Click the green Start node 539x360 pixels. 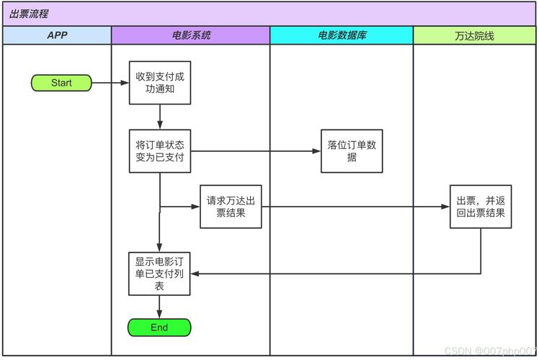pos(61,83)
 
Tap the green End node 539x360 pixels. pos(159,328)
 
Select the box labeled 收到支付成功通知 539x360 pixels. pos(160,83)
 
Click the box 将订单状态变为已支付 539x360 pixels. pos(160,151)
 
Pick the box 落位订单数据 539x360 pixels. pos(352,151)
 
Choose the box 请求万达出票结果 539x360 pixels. pos(231,207)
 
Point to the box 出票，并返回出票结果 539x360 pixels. pos(481,207)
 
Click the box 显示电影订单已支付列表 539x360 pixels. pos(160,274)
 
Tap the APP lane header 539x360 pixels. pos(57,35)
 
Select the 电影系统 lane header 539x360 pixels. pos(191,35)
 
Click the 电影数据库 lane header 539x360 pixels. pos(342,35)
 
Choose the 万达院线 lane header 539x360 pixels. pos(475,35)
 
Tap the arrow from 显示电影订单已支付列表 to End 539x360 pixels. pos(159,307)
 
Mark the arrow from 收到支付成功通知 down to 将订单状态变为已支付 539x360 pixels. pos(159,117)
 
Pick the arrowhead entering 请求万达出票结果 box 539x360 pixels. pos(195,207)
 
